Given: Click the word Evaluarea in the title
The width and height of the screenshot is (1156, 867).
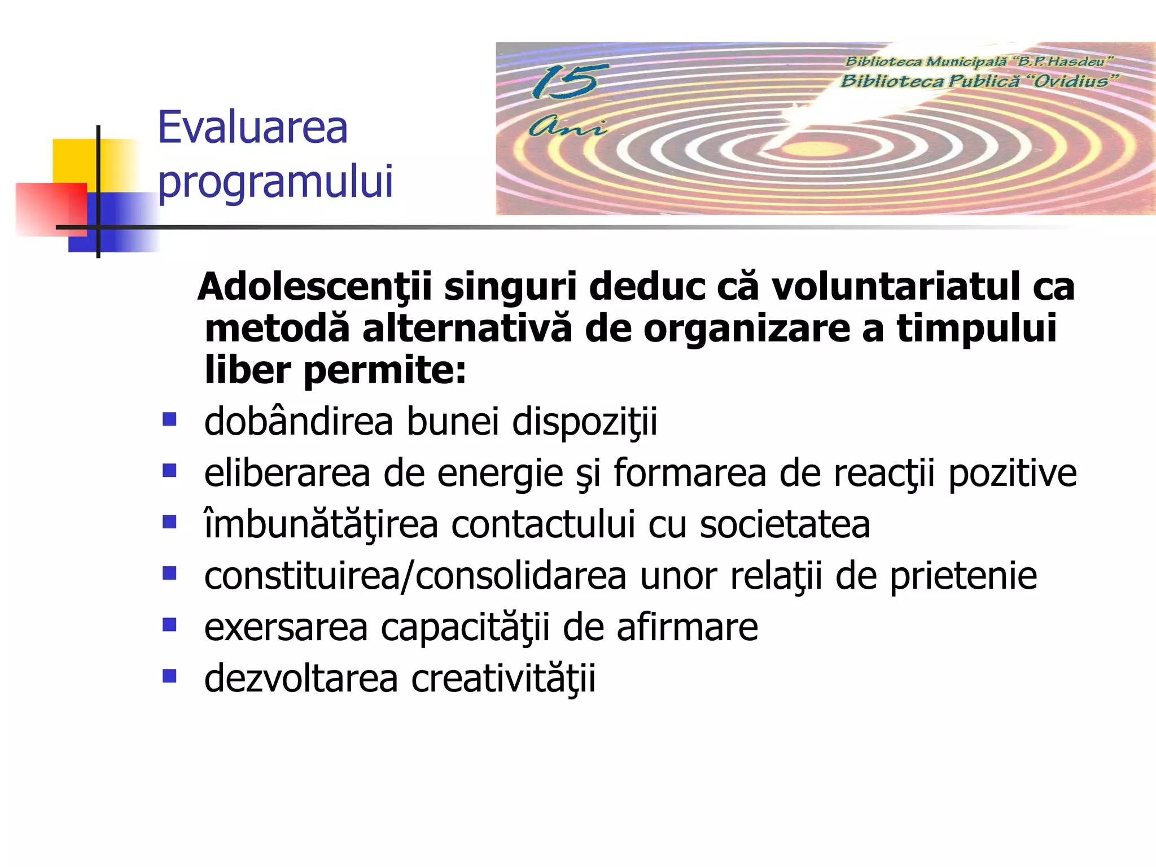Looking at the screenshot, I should (x=252, y=128).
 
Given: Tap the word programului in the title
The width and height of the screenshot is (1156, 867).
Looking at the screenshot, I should (x=275, y=182).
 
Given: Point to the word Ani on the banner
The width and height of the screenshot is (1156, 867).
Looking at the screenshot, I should (x=566, y=127).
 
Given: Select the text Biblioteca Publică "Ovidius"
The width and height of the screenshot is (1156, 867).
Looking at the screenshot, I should (x=978, y=81).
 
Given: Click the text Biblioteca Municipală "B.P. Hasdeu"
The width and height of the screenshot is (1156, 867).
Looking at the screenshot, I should (x=978, y=61).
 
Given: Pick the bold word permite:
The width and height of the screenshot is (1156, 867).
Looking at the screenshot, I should (x=384, y=371).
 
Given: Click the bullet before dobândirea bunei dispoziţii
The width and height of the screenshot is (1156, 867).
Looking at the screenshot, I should (x=169, y=419).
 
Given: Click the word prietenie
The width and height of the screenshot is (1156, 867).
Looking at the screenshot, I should (x=963, y=576).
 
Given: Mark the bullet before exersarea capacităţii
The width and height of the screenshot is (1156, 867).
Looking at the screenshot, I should (x=169, y=625).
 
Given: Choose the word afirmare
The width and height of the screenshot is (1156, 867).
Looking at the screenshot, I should (x=687, y=627).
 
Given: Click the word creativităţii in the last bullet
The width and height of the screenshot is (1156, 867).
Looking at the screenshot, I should (x=503, y=678).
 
